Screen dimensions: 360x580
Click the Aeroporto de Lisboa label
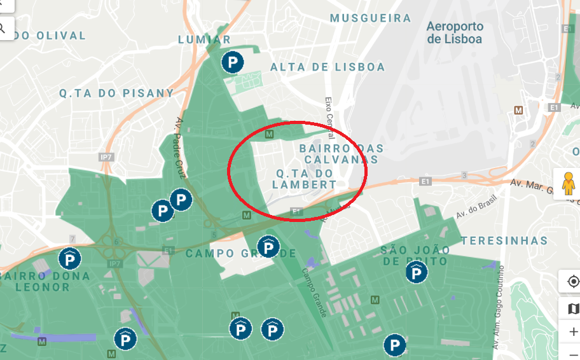pyautogui.click(x=455, y=32)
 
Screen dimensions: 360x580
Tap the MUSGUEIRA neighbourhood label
pyautogui.click(x=371, y=18)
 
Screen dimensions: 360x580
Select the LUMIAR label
pyautogui.click(x=205, y=39)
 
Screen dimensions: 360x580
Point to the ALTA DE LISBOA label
pyautogui.click(x=328, y=67)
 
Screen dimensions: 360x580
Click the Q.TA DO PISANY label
pyautogui.click(x=116, y=93)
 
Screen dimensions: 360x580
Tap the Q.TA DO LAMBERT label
pyautogui.click(x=305, y=179)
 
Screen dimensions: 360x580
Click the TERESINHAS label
pyautogui.click(x=504, y=240)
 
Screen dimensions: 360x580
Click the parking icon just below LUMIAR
pyautogui.click(x=232, y=62)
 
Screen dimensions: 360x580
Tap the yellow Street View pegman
pyautogui.click(x=568, y=184)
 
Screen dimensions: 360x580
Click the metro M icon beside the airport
pyautogui.click(x=518, y=110)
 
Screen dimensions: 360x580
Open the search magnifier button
pyautogui.click(x=3, y=27)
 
